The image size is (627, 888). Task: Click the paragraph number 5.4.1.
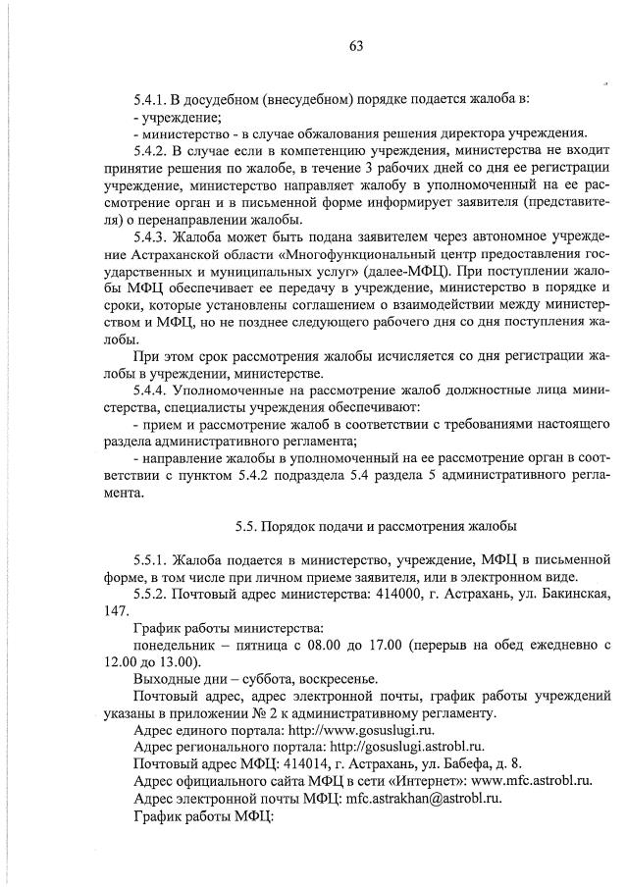153,100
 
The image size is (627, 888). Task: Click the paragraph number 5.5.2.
153,594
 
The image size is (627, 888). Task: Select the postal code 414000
429,594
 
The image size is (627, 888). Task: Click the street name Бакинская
575,594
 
